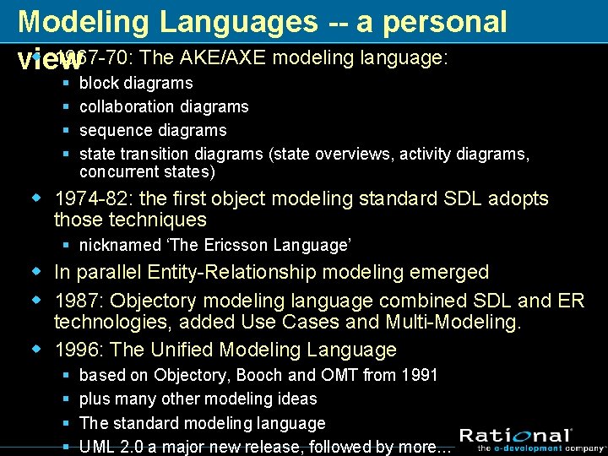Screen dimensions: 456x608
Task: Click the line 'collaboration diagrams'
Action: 164,106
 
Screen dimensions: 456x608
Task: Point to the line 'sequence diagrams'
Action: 153,130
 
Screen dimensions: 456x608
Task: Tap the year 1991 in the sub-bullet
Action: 419,374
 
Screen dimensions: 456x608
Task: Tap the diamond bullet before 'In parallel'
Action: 35,272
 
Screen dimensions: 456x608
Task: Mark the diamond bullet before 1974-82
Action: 35,199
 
